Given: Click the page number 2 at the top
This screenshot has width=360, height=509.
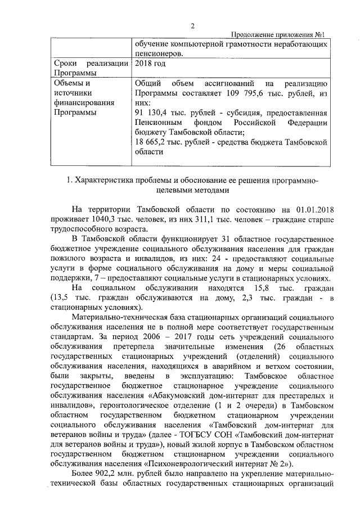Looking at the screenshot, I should tap(192, 26).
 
